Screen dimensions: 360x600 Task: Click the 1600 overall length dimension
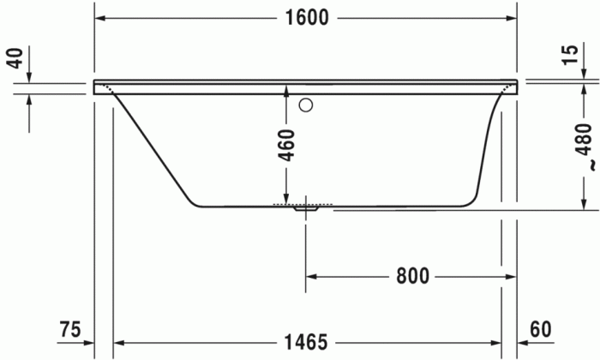[x=306, y=19]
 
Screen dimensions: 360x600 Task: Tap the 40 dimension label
[x=14, y=60]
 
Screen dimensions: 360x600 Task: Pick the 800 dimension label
[x=412, y=276]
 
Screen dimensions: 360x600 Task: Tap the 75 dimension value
[x=72, y=330]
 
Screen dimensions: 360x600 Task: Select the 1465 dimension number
[x=306, y=342]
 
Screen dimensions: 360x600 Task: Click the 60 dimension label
[x=540, y=330]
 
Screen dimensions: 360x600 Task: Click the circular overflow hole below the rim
[x=306, y=107]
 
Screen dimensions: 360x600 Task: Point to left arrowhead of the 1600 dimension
[x=100, y=19]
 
